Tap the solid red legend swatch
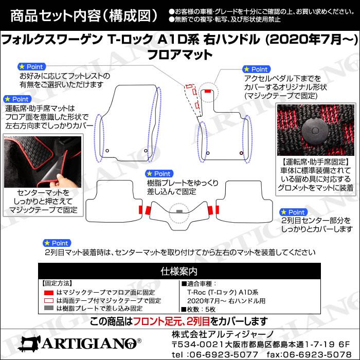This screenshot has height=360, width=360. point(49,293)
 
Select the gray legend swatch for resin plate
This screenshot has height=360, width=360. point(49,308)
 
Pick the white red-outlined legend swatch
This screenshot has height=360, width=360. point(49,300)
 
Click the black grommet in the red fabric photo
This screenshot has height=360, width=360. point(315,131)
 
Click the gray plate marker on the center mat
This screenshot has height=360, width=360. point(179,211)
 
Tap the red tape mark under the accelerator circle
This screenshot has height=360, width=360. point(208,91)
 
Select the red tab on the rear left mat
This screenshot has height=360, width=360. point(140,210)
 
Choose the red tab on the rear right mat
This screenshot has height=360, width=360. point(217,210)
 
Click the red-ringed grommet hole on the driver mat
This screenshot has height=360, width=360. point(241,153)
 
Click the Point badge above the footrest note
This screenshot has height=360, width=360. point(32,67)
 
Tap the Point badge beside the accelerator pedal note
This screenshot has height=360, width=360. point(257,69)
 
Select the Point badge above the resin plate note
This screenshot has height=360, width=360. point(159,174)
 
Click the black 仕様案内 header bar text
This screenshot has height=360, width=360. point(179,272)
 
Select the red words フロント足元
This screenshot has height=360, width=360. point(158,321)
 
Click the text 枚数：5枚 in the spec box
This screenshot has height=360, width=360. point(199,310)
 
